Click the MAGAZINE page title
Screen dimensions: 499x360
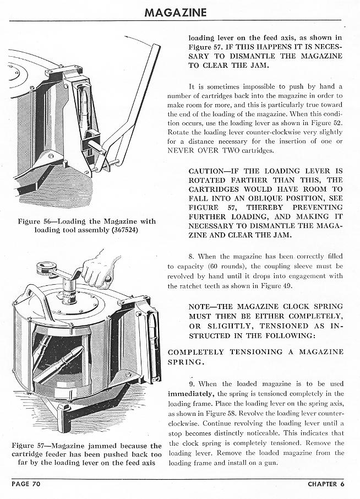click(x=176, y=12)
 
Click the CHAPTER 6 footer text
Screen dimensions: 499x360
click(x=325, y=484)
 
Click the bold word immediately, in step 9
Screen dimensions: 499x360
click(x=191, y=393)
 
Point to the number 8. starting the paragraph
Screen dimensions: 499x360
click(x=191, y=256)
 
